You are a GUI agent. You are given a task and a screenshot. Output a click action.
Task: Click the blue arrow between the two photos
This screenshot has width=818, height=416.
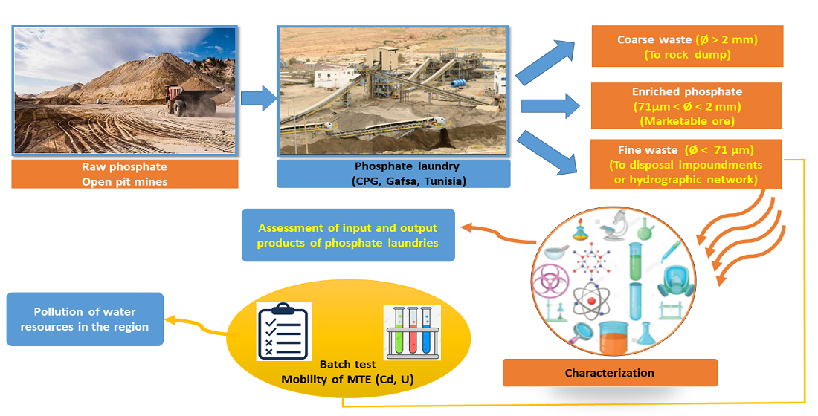(x=257, y=97)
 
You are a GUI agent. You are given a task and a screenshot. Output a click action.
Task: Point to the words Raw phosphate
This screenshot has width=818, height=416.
(x=125, y=167)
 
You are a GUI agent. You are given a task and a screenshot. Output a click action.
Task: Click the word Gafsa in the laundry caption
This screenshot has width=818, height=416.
(x=402, y=181)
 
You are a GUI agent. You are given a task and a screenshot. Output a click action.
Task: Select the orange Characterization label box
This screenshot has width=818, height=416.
(x=610, y=373)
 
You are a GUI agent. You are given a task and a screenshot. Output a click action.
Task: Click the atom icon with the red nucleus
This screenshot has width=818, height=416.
(x=592, y=299)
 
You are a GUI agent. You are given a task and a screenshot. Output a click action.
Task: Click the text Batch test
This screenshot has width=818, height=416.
(x=347, y=365)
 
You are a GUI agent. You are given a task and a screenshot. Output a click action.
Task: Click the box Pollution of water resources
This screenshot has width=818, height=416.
(x=85, y=319)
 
